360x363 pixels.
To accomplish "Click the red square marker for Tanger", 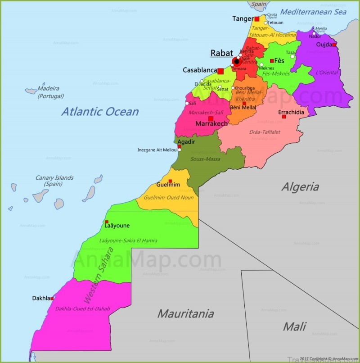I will [x=257, y=19].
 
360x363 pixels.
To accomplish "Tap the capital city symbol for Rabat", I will [x=236, y=62].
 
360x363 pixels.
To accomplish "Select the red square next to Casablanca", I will [x=220, y=71].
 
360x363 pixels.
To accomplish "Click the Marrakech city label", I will [x=211, y=123].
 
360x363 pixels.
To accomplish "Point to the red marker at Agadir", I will [x=179, y=146].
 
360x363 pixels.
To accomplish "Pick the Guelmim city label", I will [x=168, y=185].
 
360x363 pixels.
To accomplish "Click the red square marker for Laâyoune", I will [x=107, y=222].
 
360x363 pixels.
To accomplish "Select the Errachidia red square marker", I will [x=284, y=117].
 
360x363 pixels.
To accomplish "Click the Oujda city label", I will [x=324, y=45].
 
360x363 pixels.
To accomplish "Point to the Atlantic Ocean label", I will [x=100, y=111].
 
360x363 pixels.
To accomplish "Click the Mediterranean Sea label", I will [x=313, y=12].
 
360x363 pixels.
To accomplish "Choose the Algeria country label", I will [x=300, y=187].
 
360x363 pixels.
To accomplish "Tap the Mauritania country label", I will [x=185, y=313].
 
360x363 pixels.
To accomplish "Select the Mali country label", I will [x=295, y=326].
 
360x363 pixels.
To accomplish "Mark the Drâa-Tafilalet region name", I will [x=265, y=132].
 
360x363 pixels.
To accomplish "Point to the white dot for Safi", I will [x=187, y=104].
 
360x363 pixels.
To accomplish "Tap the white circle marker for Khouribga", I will [x=233, y=88].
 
